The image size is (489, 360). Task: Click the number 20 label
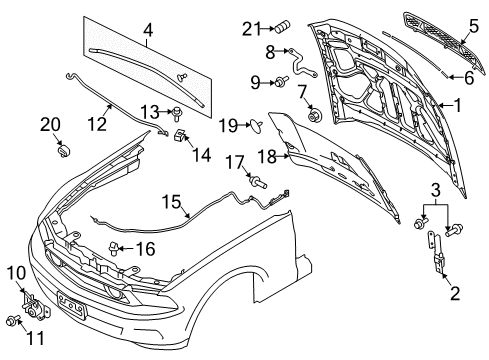click(49, 125)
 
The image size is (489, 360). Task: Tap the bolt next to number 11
click(13, 322)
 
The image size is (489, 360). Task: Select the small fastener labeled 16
click(115, 248)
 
